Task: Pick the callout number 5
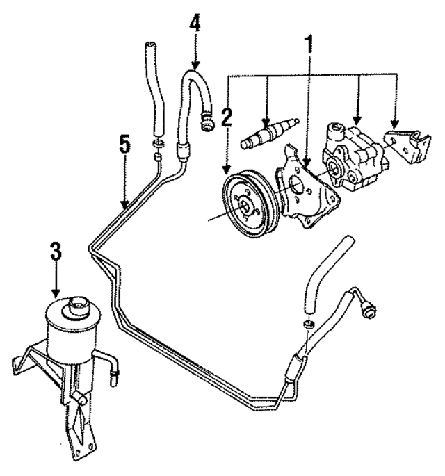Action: [124, 147]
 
